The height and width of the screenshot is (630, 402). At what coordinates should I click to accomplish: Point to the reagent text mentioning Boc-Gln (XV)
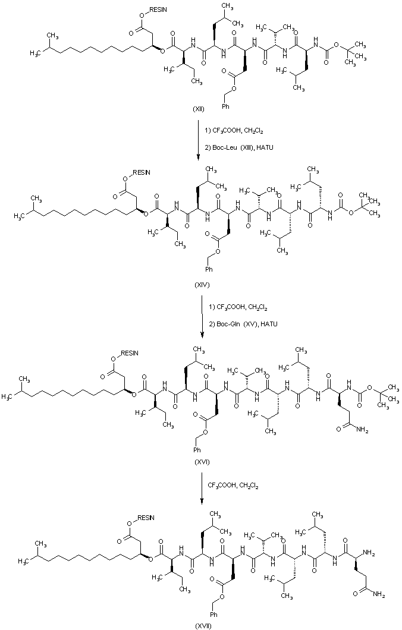tap(243, 323)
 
